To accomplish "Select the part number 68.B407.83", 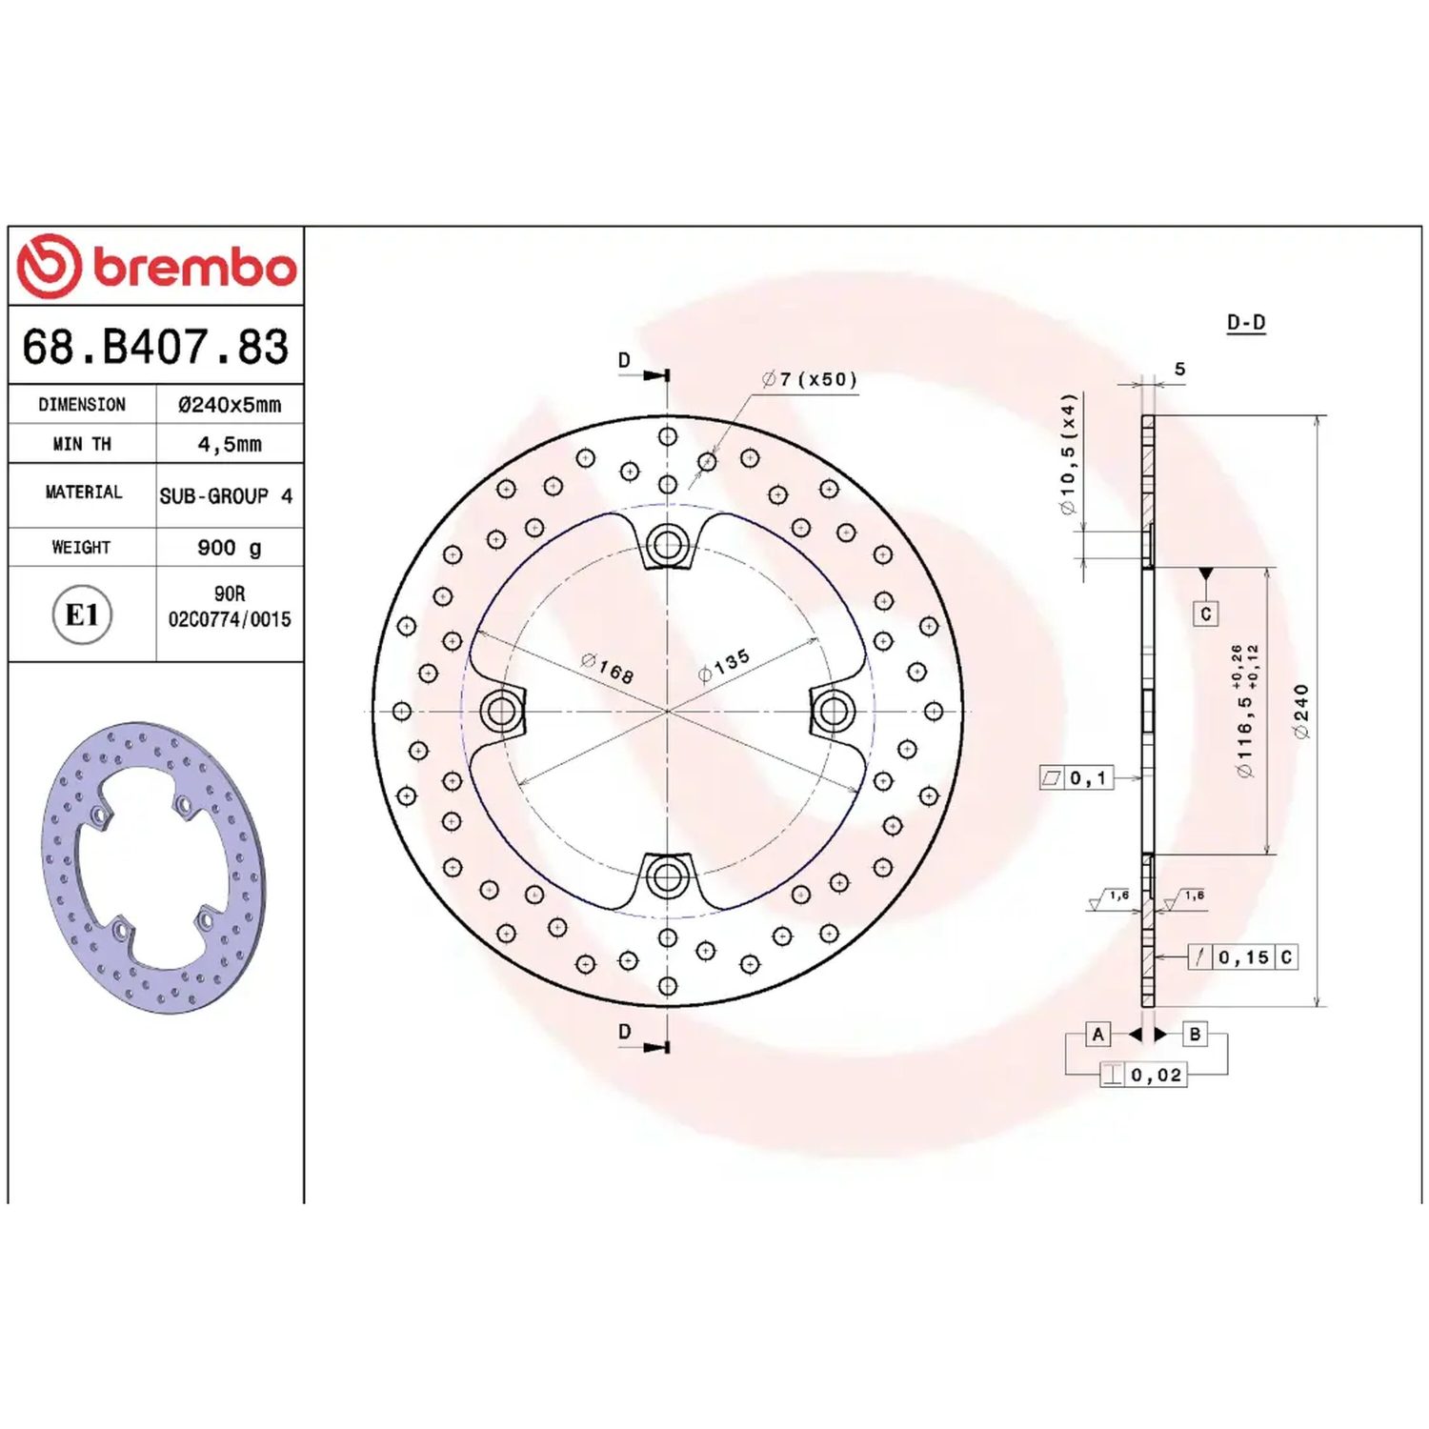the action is tap(155, 347).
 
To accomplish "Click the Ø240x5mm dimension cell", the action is tap(230, 404).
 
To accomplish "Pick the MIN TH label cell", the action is tap(82, 444).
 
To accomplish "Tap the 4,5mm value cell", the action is tap(230, 444).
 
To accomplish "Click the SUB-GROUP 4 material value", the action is tap(226, 496).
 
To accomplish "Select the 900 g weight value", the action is tap(230, 548).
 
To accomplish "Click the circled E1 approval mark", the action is tap(82, 614).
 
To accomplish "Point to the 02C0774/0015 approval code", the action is tap(230, 619).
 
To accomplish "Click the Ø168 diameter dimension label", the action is tap(608, 668).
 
